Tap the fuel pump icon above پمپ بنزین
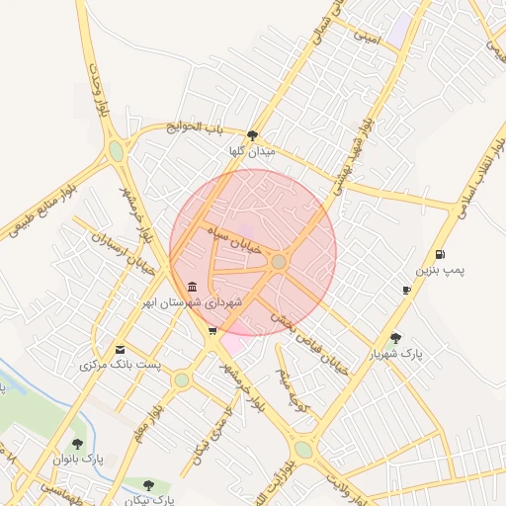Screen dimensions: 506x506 (440, 254)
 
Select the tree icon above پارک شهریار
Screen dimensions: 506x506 (396, 338)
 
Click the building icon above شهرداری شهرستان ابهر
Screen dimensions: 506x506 (190, 287)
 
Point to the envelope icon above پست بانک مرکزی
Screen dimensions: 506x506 (121, 350)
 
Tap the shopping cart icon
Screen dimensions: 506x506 (212, 331)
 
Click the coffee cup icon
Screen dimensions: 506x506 (406, 290)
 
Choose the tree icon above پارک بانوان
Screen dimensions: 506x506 (78, 444)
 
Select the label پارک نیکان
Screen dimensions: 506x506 (149, 499)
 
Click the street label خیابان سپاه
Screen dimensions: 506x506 (234, 240)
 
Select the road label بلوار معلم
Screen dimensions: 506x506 (143, 419)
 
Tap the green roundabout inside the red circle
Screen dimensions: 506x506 (280, 261)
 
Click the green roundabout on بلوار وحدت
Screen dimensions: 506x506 (117, 151)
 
